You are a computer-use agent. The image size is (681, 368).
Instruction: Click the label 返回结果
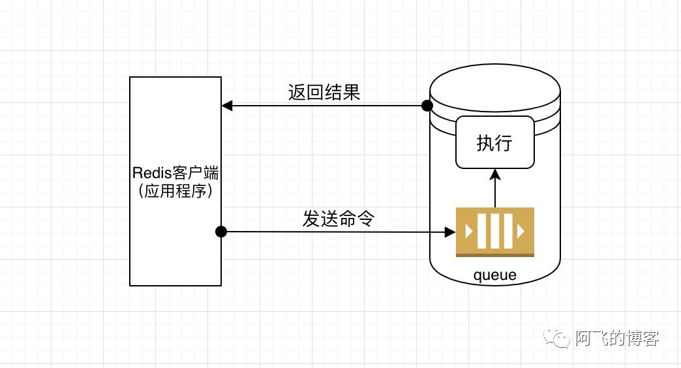point(324,93)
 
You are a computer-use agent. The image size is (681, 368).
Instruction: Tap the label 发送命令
point(338,219)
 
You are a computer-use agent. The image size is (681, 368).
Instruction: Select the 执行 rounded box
point(494,142)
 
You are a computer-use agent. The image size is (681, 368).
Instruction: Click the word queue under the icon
point(494,275)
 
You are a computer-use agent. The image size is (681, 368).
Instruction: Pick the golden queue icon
point(494,232)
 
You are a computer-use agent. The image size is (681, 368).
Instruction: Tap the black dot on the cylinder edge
point(427,106)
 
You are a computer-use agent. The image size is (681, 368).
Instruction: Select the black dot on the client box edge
point(221,231)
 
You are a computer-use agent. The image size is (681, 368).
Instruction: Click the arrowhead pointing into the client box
point(226,106)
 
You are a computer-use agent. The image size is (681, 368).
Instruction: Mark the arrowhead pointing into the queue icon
point(450,232)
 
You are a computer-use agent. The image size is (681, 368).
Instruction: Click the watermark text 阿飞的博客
point(617,338)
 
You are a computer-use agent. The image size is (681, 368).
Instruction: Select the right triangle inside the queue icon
point(521,231)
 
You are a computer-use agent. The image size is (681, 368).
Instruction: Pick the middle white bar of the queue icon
point(495,231)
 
